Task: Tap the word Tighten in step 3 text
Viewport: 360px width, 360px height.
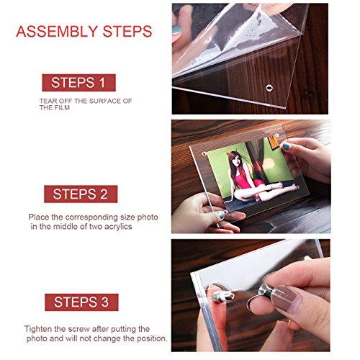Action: [x=40, y=328]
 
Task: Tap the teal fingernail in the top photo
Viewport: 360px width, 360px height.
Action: [x=177, y=31]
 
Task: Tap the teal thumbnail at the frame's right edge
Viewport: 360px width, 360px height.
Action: [x=286, y=146]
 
